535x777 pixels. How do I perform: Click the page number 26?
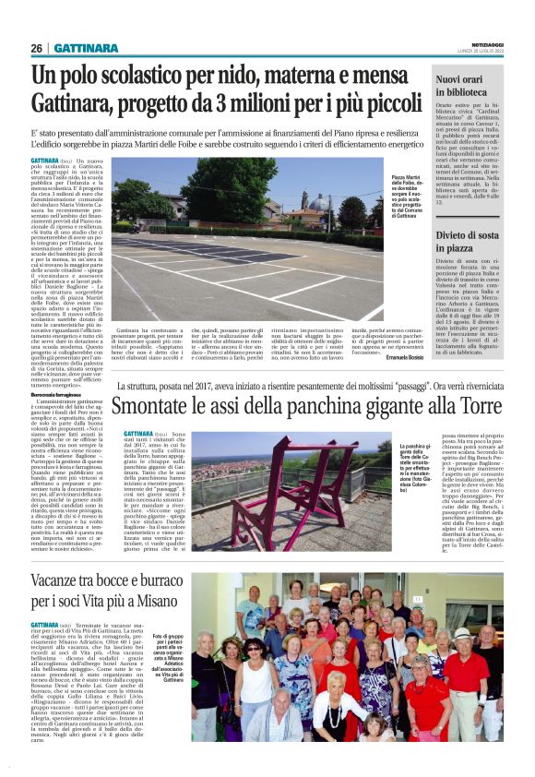(37, 48)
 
